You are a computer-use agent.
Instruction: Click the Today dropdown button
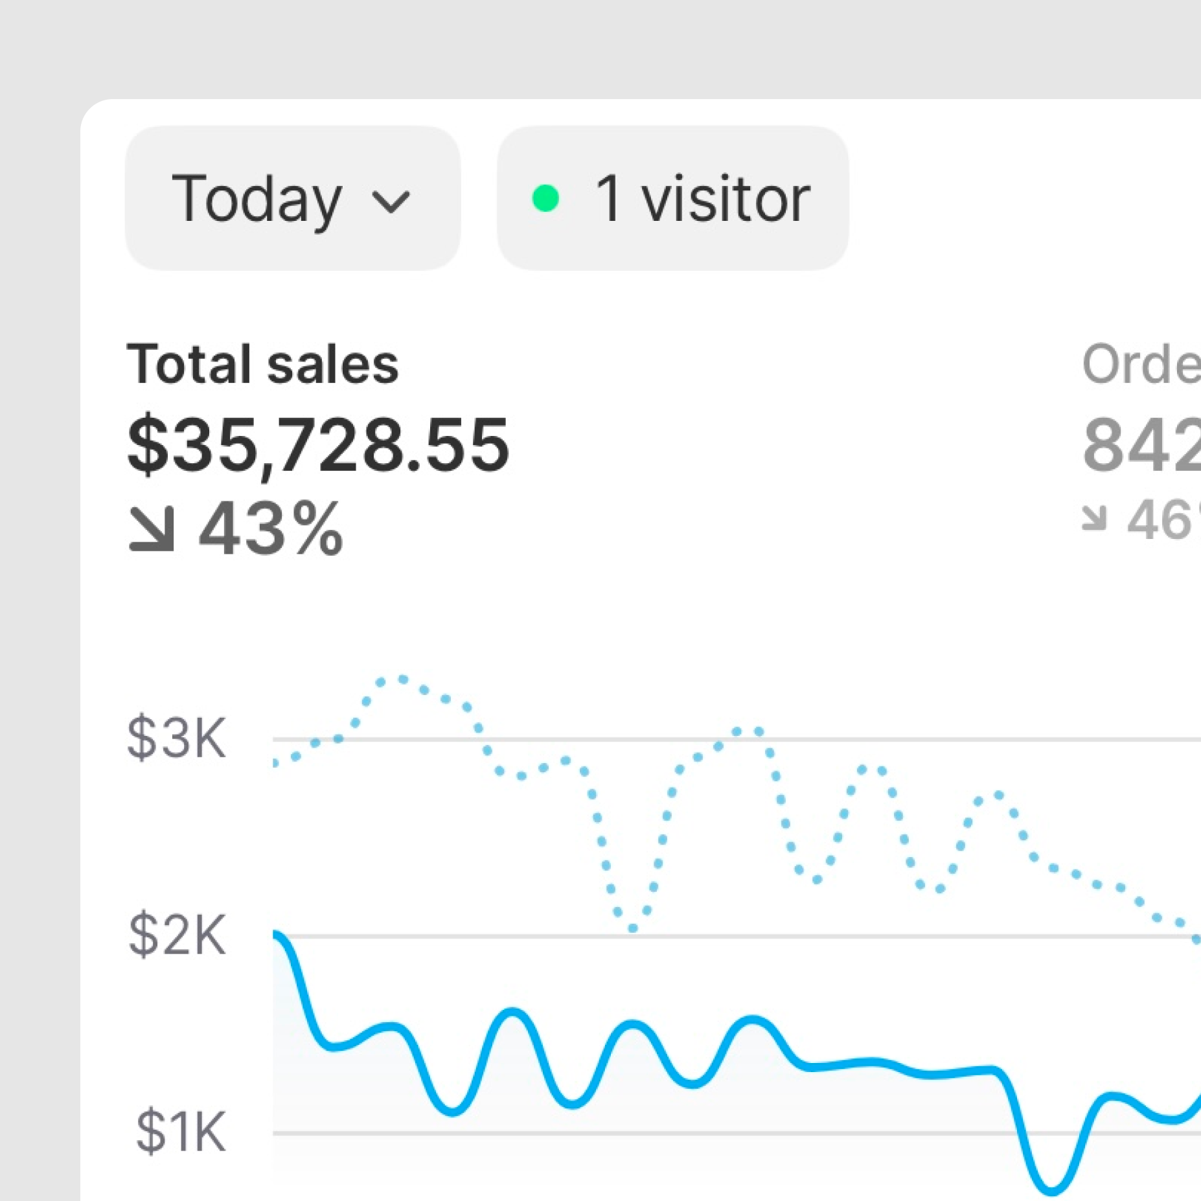point(292,198)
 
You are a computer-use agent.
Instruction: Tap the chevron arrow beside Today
point(391,202)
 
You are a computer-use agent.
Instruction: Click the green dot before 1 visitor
point(545,198)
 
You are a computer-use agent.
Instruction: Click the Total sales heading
point(262,364)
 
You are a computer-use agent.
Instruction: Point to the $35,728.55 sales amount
point(318,446)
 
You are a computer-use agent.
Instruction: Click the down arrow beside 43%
point(152,529)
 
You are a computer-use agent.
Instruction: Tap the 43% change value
point(271,529)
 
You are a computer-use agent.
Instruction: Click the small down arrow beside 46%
point(1094,519)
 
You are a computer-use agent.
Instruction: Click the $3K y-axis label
point(176,738)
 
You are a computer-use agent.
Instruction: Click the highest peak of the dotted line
point(402,680)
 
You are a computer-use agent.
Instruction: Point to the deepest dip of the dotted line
point(633,928)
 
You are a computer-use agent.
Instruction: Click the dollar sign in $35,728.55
point(148,446)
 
